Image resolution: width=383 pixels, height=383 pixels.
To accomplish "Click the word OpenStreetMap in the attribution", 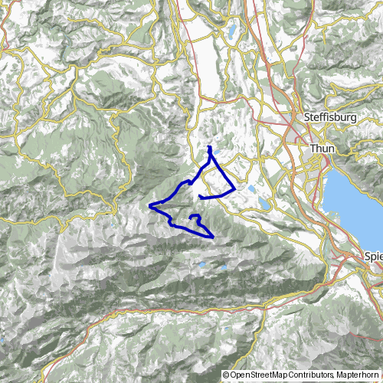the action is pyautogui.click(x=259, y=375).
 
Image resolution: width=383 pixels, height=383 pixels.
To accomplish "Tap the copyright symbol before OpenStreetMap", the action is pyautogui.click(x=226, y=375).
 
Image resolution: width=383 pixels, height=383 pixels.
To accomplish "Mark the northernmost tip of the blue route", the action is pyautogui.click(x=209, y=146).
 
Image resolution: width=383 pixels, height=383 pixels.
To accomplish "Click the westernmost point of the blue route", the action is pyautogui.click(x=149, y=205).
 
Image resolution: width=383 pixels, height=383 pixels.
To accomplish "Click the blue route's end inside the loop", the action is pyautogui.click(x=200, y=198).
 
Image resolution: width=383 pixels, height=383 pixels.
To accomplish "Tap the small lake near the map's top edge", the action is pyautogui.click(x=231, y=31).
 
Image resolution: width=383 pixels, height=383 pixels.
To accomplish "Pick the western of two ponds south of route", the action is pyautogui.click(x=201, y=265).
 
